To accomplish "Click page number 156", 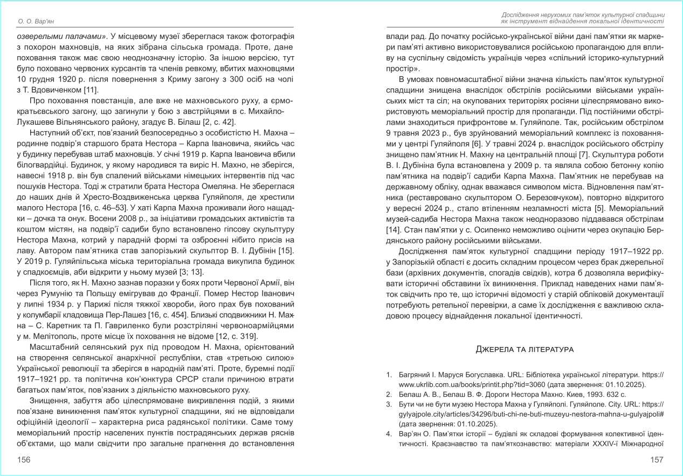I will [24, 459].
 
